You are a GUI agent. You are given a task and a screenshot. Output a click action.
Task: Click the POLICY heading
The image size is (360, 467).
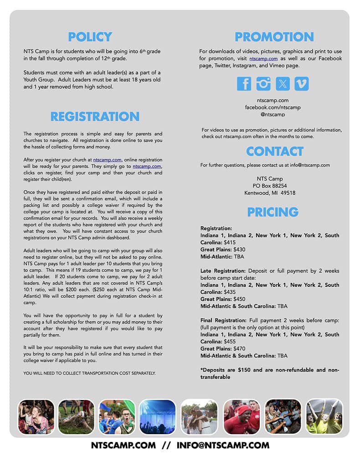tap(90, 36)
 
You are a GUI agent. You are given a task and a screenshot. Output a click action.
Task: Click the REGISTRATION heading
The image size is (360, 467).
tap(95, 116)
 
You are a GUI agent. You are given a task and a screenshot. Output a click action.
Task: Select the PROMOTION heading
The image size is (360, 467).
tap(274, 36)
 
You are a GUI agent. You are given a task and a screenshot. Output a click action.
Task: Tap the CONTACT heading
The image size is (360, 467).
tap(274, 151)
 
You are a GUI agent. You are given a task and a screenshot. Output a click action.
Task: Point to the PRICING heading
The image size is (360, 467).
tap(273, 212)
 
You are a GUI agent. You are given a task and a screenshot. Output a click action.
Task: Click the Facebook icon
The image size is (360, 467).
tap(244, 83)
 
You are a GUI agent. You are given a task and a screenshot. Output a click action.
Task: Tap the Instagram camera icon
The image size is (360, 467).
tap(263, 83)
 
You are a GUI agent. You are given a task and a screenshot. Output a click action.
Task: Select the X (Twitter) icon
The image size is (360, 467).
tap(283, 83)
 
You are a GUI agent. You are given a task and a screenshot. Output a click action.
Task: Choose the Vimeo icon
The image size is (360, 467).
tap(302, 83)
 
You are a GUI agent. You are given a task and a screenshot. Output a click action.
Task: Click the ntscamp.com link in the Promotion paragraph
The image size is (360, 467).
tap(263, 59)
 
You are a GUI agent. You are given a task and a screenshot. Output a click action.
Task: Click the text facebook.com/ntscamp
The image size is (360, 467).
tap(273, 107)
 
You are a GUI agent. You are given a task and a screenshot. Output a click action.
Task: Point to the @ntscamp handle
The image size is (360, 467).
tap(273, 114)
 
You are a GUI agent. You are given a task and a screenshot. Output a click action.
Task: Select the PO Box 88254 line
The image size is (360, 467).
tap(270, 186)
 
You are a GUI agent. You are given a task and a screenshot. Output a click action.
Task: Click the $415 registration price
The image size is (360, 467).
tap(230, 242)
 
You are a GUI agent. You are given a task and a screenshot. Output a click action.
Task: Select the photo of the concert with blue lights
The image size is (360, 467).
tap(157, 416)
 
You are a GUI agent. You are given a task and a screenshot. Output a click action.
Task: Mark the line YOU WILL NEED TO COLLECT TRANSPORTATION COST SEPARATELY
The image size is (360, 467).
tap(90, 373)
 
